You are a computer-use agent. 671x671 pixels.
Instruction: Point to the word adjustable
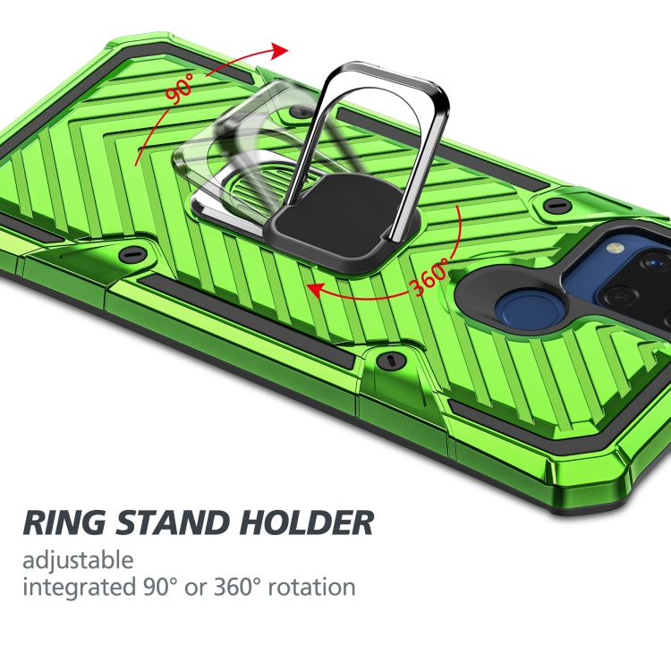78,561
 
